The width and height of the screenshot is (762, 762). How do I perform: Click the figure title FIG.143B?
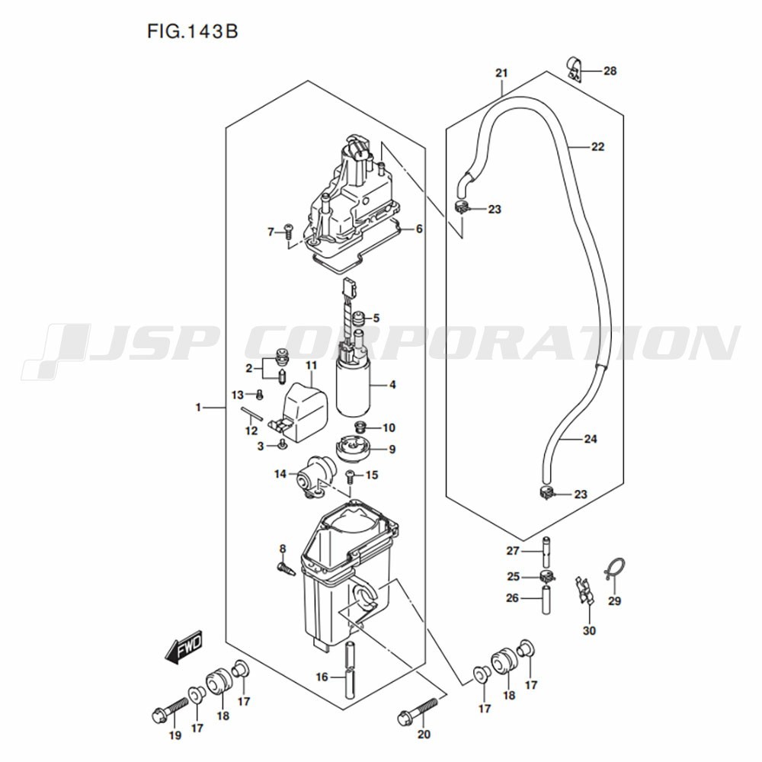(x=186, y=34)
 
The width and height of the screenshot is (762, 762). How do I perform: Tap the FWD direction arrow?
(x=183, y=650)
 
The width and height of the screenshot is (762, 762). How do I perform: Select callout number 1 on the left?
(x=198, y=408)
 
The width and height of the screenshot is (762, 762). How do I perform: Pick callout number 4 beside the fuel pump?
(x=392, y=385)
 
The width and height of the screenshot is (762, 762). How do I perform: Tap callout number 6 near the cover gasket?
(x=418, y=229)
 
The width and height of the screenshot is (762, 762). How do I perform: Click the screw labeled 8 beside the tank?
(x=285, y=568)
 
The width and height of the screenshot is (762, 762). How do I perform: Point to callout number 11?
(x=311, y=367)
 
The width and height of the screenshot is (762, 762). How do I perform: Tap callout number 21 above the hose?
(x=501, y=73)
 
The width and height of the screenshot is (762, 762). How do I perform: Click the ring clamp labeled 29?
(x=613, y=568)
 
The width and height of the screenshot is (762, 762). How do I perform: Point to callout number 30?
(x=589, y=630)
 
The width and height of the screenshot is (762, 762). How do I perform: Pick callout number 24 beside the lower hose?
(x=591, y=439)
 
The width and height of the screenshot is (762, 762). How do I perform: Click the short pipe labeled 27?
(x=546, y=550)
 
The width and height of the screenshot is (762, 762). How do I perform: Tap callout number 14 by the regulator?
(x=280, y=474)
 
